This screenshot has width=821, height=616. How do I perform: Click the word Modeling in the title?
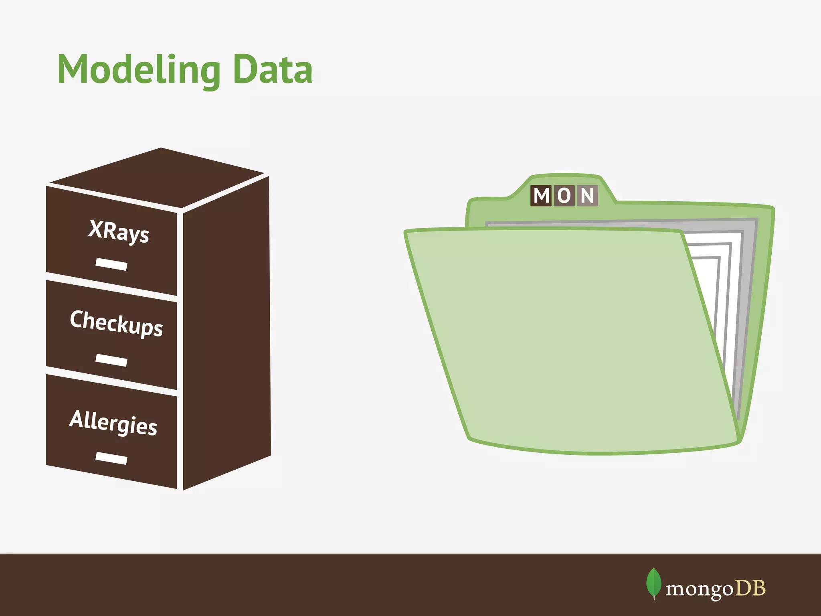click(139, 70)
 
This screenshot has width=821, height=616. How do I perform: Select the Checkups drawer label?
click(116, 323)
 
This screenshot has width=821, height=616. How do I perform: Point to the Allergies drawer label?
click(113, 422)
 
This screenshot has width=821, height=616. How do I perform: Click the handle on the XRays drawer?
click(111, 264)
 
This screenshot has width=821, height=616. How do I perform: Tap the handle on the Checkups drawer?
click(111, 360)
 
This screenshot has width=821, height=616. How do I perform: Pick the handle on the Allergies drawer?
click(111, 458)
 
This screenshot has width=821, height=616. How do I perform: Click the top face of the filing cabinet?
click(160, 176)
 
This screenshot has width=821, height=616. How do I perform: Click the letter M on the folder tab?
click(541, 196)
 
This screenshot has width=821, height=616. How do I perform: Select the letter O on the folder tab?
click(564, 196)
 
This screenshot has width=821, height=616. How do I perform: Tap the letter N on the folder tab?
click(587, 196)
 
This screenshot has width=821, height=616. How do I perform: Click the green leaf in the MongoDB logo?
click(653, 583)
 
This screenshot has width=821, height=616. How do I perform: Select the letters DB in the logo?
click(750, 588)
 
